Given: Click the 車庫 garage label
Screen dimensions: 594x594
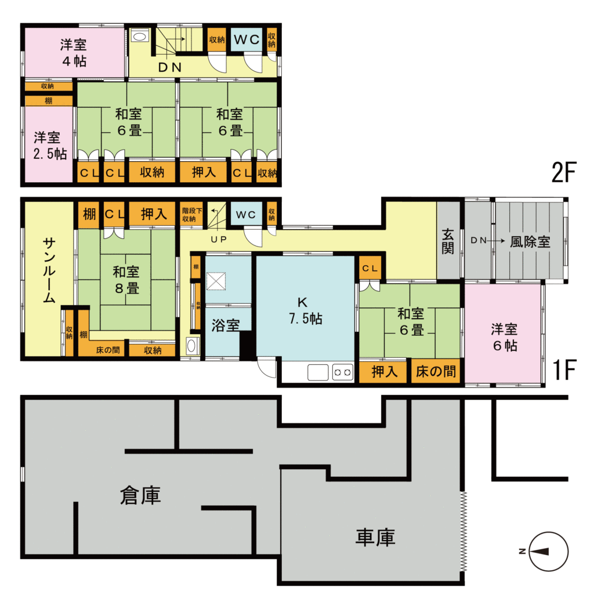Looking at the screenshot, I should (375, 537).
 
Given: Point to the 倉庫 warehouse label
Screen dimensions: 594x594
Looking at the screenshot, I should (140, 495).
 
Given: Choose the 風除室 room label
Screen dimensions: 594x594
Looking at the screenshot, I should (530, 242).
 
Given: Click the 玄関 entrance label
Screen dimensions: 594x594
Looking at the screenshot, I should (448, 242).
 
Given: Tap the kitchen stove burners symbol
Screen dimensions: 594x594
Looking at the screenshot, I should (342, 372).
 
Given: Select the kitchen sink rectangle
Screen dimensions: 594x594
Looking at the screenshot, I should (318, 372).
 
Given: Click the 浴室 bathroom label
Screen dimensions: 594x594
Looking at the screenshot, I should (226, 325).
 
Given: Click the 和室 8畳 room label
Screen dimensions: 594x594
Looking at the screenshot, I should (125, 279).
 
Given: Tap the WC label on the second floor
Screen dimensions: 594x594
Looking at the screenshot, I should (248, 40).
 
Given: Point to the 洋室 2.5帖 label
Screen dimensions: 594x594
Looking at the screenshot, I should (49, 146).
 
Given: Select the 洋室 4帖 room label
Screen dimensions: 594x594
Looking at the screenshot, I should (74, 52).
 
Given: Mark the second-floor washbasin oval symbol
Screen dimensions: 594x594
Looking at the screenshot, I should (140, 37).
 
